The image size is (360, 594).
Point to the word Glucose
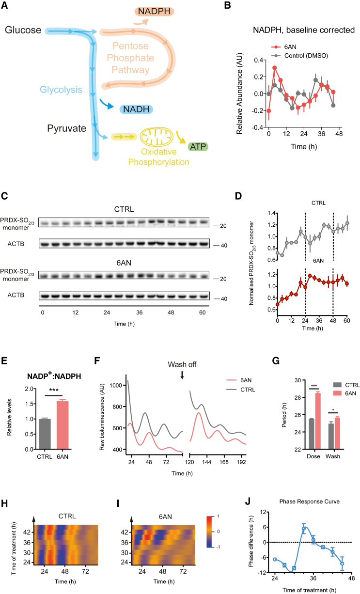pyautogui.click(x=22, y=31)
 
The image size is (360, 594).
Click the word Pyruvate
pyautogui.click(x=67, y=129)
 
